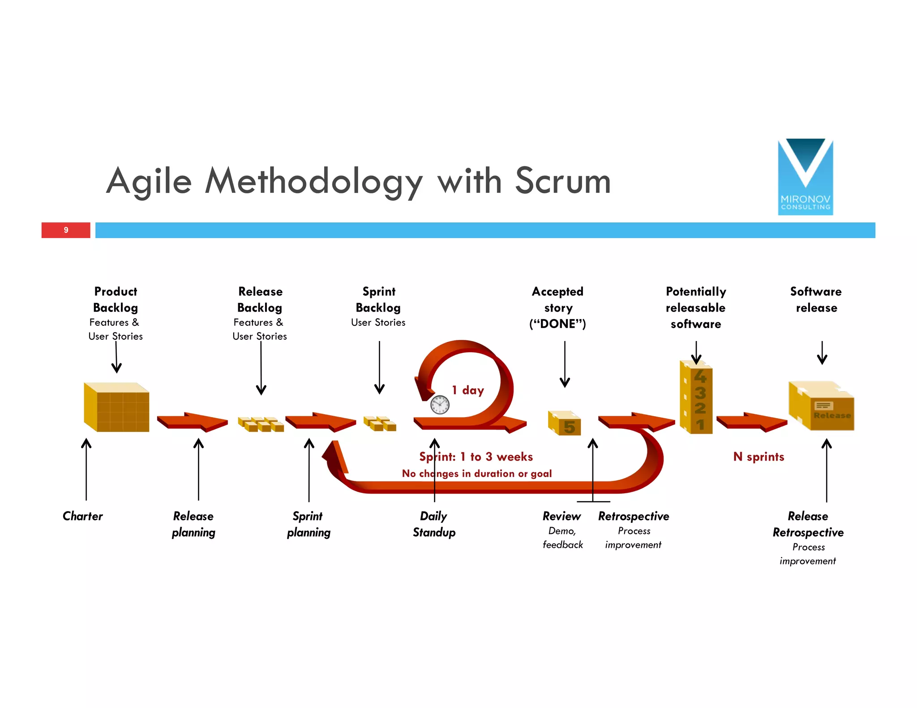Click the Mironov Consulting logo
click(805, 177)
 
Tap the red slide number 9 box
click(66, 230)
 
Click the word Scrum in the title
click(563, 181)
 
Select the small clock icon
click(440, 405)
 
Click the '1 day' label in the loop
click(468, 390)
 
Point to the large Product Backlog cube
click(116, 407)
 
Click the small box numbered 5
click(565, 423)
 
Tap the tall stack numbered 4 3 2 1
click(696, 397)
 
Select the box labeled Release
click(822, 406)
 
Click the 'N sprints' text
click(758, 457)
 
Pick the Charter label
click(82, 516)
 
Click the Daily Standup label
click(434, 524)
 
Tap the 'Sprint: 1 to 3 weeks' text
click(476, 457)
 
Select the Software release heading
click(816, 299)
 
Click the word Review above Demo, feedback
click(561, 516)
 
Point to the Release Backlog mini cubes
click(261, 424)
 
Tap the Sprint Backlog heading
click(379, 299)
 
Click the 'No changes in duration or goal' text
click(477, 473)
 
